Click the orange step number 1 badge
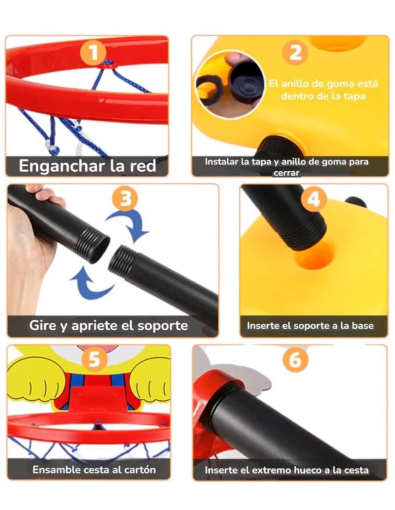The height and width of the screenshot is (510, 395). pos(93,53)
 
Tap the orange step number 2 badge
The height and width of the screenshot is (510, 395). pos(295,53)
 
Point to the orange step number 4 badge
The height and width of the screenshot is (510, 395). pos(314,199)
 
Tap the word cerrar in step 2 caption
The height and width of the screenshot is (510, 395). pos(286,173)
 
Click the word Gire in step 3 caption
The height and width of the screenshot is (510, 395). pos(43,325)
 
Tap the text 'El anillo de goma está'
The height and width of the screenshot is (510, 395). pos(324,84)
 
